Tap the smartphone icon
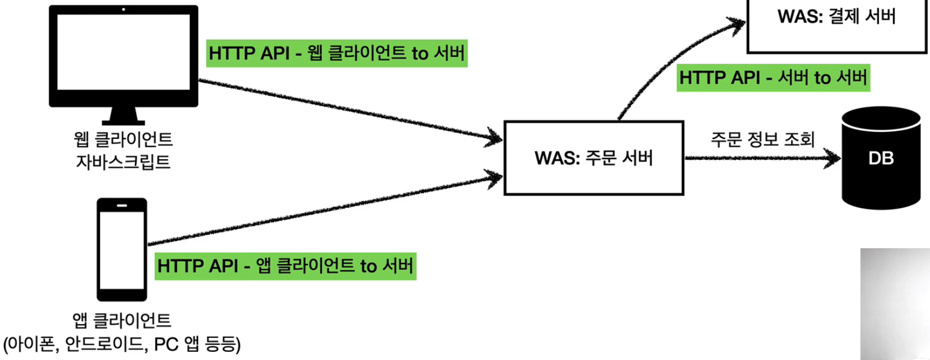point(122,249)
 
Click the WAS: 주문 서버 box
point(594,158)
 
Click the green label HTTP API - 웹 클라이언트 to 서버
point(336,53)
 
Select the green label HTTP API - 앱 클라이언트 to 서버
point(285,266)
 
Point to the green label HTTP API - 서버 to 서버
point(773,78)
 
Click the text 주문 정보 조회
point(762,139)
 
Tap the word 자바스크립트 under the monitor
point(123,161)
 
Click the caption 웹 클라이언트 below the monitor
point(123,139)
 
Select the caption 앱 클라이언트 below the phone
point(122,320)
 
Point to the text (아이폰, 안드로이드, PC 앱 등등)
point(122,344)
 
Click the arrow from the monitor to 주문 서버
point(347,110)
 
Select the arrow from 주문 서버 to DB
point(761,157)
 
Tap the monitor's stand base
point(123,121)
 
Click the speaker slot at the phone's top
point(122,205)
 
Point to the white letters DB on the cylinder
point(881,158)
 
